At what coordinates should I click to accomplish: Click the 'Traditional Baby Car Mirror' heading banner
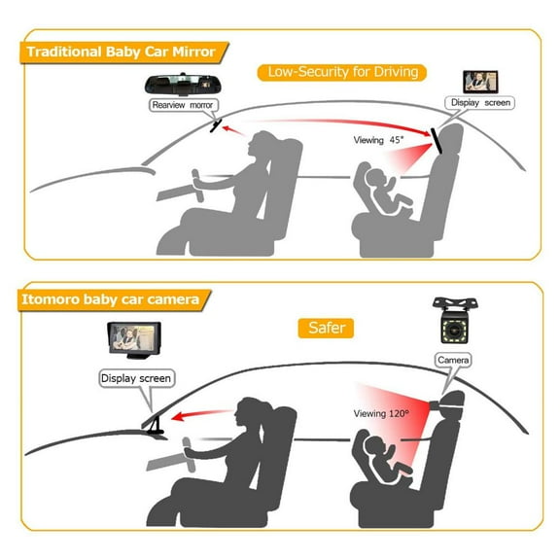click(x=124, y=52)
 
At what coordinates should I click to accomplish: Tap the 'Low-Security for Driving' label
click(x=342, y=73)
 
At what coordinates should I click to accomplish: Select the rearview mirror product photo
click(x=182, y=85)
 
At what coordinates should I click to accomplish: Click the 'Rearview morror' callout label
click(x=183, y=105)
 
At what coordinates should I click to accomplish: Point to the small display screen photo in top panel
click(x=480, y=82)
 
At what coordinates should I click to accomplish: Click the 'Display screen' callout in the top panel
click(x=480, y=103)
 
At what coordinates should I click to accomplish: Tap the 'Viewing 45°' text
click(x=378, y=140)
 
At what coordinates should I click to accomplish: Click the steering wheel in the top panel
click(x=198, y=186)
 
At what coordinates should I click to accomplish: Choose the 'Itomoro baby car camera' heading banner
click(x=114, y=300)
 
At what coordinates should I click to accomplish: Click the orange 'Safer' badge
click(x=326, y=328)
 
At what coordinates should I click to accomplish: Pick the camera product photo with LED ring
click(x=455, y=321)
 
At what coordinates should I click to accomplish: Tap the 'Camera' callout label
click(x=453, y=360)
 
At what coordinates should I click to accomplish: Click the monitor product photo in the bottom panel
click(x=134, y=340)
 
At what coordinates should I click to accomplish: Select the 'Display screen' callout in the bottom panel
click(x=136, y=378)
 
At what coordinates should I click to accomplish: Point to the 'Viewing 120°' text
click(x=381, y=413)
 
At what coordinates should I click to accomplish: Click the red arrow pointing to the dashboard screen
click(x=202, y=414)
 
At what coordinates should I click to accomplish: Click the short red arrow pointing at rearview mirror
click(x=234, y=130)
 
